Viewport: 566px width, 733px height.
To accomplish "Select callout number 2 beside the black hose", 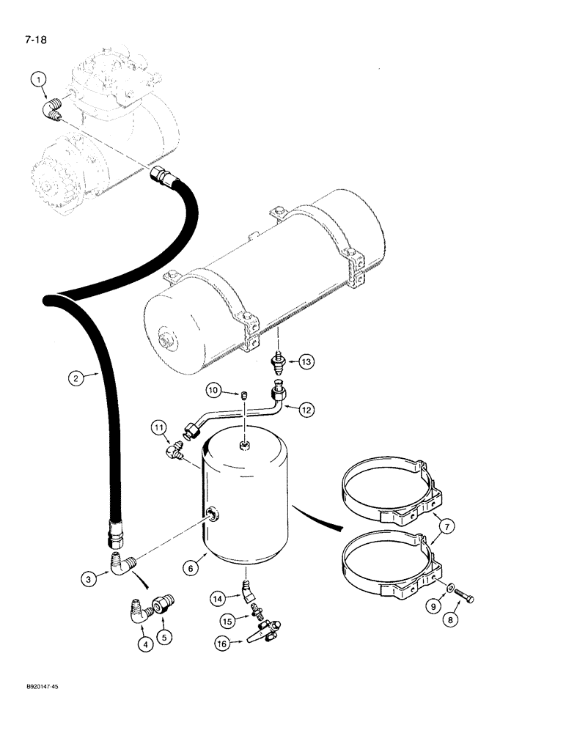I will (x=75, y=379).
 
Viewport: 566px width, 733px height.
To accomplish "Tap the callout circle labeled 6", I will (x=191, y=568).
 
